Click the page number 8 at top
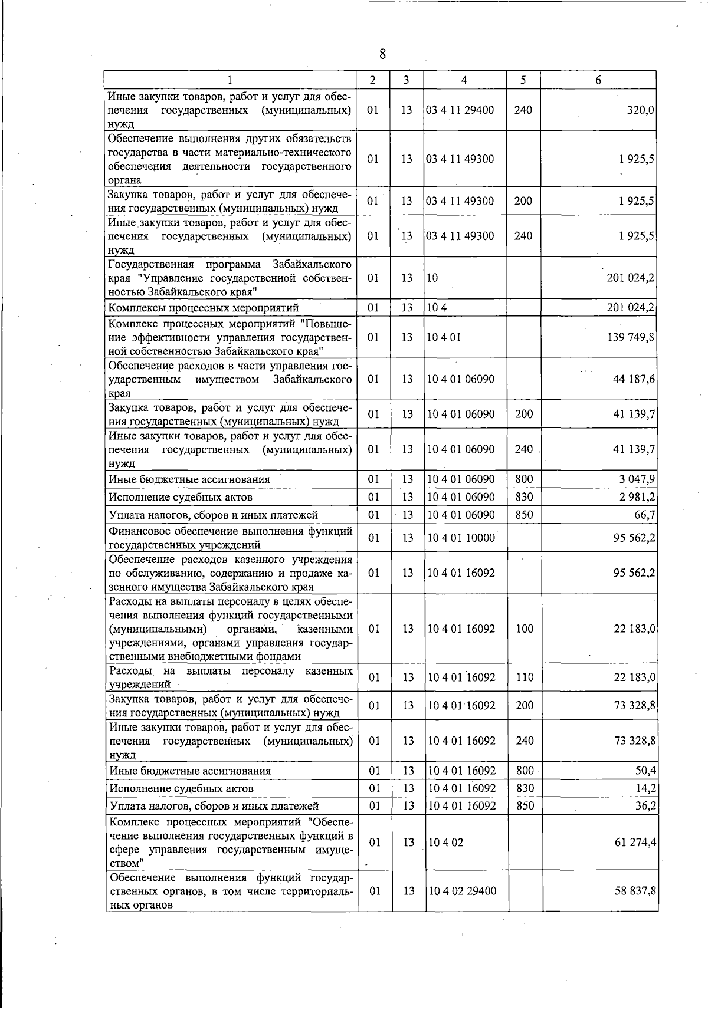(x=382, y=54)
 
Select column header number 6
(x=598, y=80)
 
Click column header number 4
(x=465, y=80)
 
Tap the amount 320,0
(x=640, y=110)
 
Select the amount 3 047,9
(x=637, y=479)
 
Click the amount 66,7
(x=644, y=515)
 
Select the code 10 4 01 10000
(x=461, y=538)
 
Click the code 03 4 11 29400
(x=460, y=110)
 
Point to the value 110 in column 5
(x=525, y=677)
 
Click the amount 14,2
(x=646, y=788)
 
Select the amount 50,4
(x=646, y=770)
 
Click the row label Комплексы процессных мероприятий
(x=204, y=308)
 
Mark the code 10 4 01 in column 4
(x=444, y=337)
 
